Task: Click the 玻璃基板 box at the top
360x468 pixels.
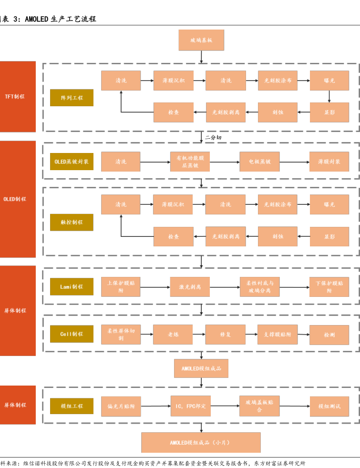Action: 201,40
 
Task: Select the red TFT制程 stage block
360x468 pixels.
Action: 18,96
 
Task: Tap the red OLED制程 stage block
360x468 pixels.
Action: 18,199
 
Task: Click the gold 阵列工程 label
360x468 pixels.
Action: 72,97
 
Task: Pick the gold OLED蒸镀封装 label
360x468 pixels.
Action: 72,162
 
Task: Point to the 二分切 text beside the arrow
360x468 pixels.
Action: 213,137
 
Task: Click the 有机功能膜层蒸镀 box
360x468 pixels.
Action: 190,162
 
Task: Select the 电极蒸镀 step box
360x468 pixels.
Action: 259,162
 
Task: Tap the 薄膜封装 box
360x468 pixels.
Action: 329,162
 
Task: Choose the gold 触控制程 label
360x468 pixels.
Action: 72,222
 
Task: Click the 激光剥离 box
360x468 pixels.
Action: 190,287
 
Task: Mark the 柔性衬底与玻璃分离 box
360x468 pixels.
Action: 259,287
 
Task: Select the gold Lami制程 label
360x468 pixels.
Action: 72,286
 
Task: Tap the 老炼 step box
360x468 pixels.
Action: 173,335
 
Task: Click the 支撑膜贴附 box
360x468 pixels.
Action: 277,335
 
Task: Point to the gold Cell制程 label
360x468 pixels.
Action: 72,334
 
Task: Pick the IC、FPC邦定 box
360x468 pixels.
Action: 190,406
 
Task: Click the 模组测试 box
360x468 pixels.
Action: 329,406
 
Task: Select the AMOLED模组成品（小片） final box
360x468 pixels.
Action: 201,442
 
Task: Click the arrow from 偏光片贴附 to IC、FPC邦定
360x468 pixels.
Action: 155,406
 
